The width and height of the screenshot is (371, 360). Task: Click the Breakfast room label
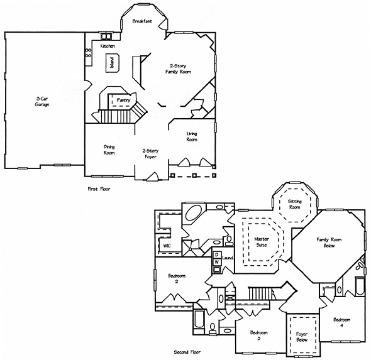[142, 21]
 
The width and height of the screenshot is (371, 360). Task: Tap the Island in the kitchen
[112, 63]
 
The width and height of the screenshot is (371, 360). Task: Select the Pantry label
[123, 101]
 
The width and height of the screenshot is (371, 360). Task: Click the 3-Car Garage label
[42, 102]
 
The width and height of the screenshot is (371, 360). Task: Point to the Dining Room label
[109, 150]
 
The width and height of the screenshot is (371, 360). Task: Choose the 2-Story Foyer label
[150, 154]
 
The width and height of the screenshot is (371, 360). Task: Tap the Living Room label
[192, 136]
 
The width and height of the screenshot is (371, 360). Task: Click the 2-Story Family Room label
[178, 68]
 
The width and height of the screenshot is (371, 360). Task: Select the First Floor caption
[99, 189]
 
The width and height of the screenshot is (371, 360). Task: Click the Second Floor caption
[187, 352]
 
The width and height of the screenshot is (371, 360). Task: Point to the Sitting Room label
[294, 204]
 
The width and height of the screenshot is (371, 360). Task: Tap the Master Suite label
[262, 242]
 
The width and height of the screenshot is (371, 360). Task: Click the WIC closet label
[167, 246]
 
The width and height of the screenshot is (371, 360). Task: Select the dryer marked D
[217, 255]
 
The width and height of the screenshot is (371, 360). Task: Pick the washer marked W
[217, 262]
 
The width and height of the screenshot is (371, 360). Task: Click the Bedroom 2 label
[177, 279]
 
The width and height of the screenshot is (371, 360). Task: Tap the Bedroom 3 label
[259, 335]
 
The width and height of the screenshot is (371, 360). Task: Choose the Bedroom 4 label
[341, 323]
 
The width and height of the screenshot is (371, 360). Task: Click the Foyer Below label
[302, 337]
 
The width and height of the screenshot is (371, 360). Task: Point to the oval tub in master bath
[193, 212]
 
